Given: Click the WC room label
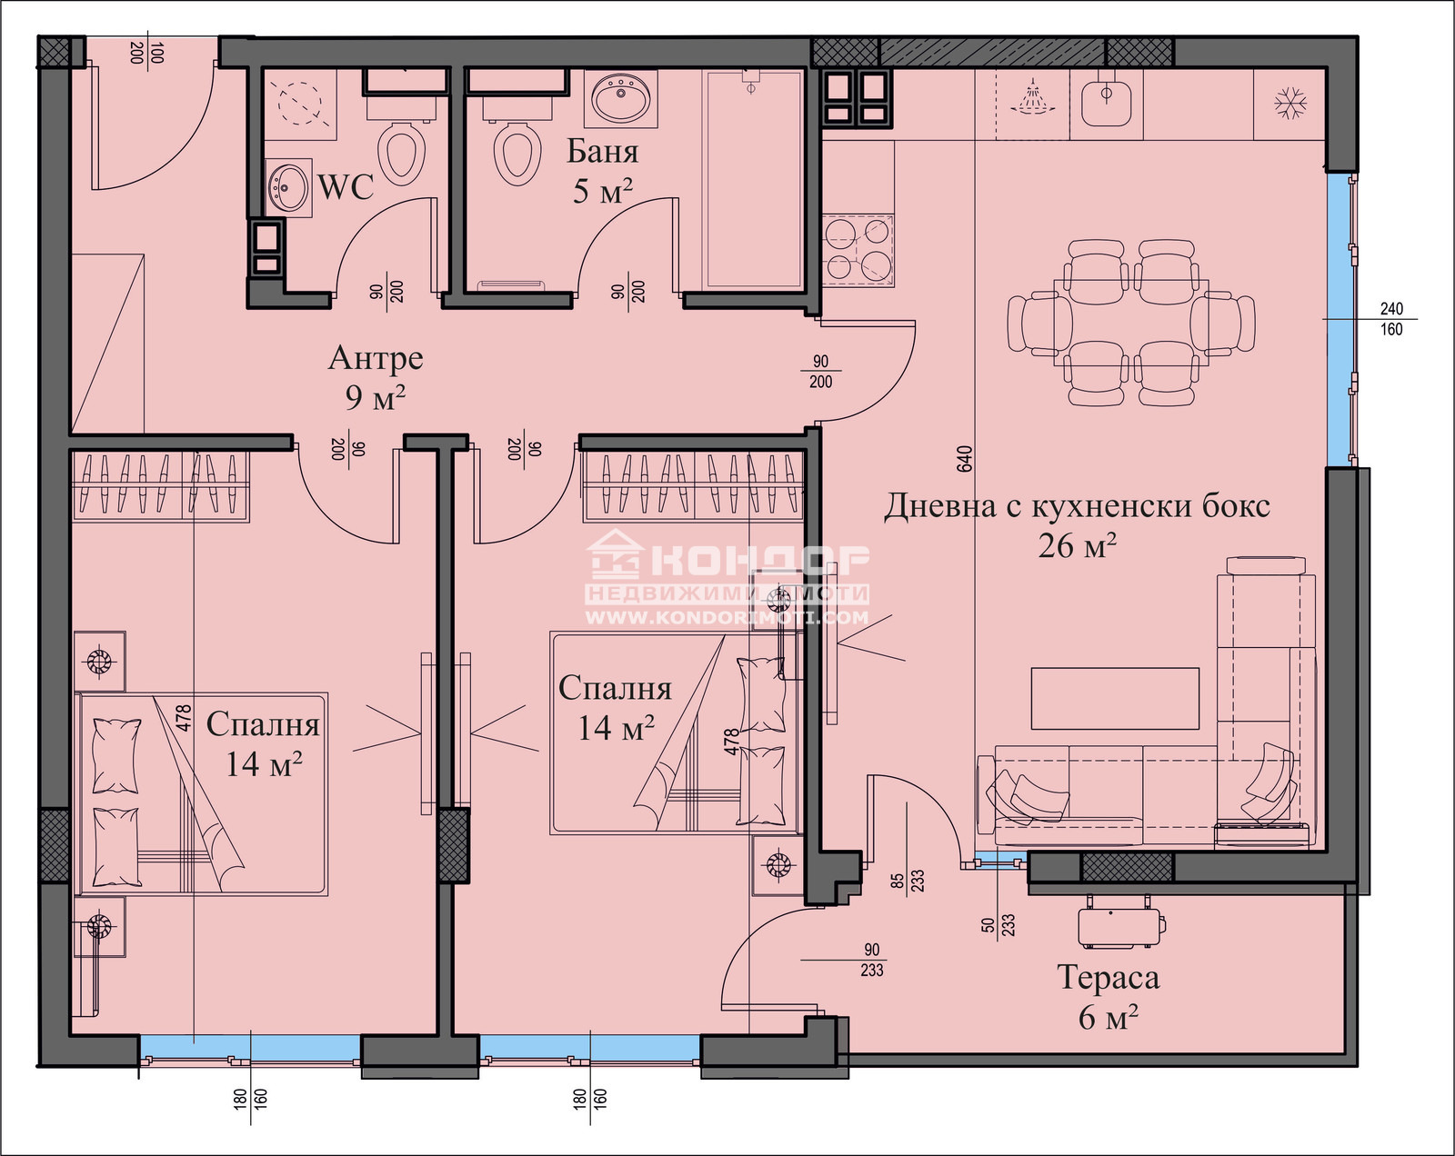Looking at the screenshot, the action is point(346,186).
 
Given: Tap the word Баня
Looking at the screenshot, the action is point(602,151).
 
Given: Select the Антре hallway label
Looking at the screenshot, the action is point(376,357).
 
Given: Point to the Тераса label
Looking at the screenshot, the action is point(1109,978).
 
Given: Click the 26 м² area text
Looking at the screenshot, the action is point(1078,546).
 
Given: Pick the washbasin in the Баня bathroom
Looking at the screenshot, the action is point(621,99).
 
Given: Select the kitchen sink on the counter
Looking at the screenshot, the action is point(1106,104).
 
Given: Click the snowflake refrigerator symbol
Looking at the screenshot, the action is point(1290,104).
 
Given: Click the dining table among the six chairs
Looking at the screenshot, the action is point(1131,323).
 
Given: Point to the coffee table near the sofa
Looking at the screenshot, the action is point(1115,699).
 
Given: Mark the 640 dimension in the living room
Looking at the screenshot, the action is point(965,459).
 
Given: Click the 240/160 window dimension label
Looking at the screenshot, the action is point(1391,319).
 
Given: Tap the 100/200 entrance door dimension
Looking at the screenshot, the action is point(146,53).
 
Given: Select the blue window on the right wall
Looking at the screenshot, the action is point(1338,320).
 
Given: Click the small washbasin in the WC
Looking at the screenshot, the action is point(288,188).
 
